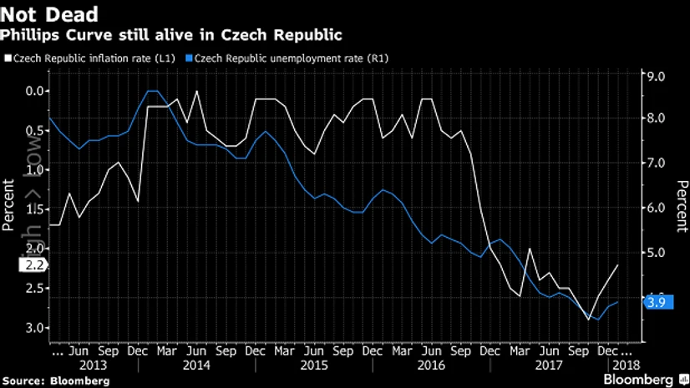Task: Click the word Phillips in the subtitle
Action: pyautogui.click(x=31, y=35)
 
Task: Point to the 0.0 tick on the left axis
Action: pyautogui.click(x=35, y=91)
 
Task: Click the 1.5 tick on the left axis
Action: pyautogui.click(x=35, y=209)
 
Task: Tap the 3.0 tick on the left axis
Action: pyautogui.click(x=35, y=328)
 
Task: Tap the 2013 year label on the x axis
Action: pyautogui.click(x=93, y=366)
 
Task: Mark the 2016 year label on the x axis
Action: pyautogui.click(x=430, y=366)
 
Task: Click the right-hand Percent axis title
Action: pyautogui.click(x=682, y=205)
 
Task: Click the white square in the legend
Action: pyautogui.click(x=8, y=58)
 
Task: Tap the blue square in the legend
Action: pyautogui.click(x=190, y=58)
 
